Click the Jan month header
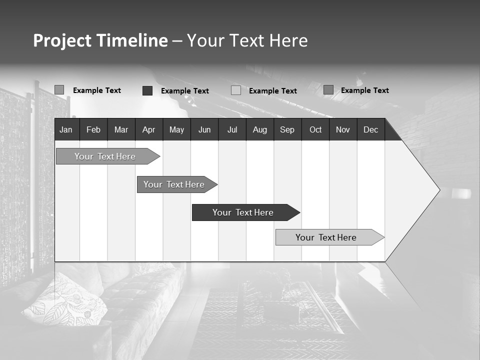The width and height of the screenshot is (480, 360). click(66, 130)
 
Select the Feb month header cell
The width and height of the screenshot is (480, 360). click(93, 130)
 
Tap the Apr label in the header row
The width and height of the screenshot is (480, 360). click(148, 130)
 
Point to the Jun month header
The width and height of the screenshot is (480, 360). click(204, 130)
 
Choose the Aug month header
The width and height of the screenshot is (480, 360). click(259, 130)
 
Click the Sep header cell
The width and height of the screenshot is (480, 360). click(287, 130)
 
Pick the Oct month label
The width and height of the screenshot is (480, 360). click(315, 130)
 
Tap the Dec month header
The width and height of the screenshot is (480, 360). click(370, 130)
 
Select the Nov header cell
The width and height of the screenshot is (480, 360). click(343, 130)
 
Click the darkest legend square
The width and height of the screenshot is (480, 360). click(147, 90)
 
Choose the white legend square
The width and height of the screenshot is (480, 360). click(236, 90)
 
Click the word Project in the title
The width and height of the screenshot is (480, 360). click(62, 40)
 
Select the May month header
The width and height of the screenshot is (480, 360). click(176, 130)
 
